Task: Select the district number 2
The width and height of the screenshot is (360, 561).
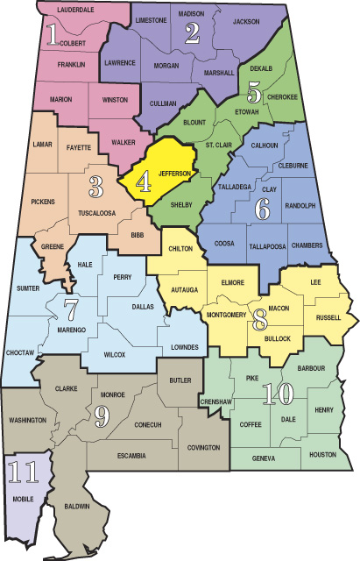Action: (192, 33)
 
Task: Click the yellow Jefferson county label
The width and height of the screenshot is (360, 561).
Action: (174, 174)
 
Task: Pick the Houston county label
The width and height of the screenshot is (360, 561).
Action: (323, 455)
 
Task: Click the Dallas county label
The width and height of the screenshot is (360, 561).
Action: (143, 307)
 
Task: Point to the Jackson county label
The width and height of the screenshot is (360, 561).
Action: (246, 20)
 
